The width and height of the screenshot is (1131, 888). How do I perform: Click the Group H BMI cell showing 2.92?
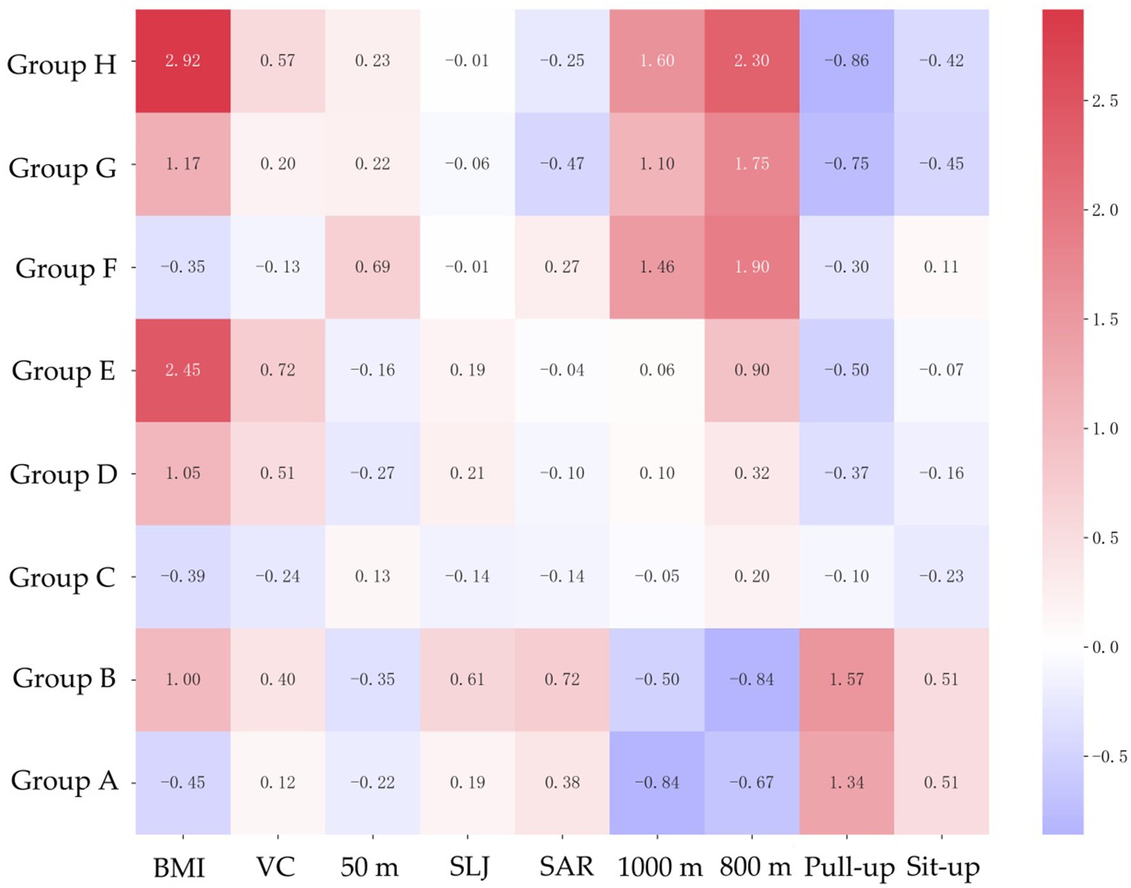click(183, 61)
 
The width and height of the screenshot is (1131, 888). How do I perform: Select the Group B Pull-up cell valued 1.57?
click(846, 679)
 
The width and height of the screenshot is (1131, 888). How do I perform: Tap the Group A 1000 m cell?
click(657, 783)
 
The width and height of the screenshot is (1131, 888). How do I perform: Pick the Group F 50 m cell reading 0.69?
click(372, 267)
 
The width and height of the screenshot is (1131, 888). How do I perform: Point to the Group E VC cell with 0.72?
click(278, 370)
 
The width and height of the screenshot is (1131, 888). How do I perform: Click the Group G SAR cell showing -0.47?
click(562, 164)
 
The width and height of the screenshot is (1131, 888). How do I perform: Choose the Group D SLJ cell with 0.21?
click(467, 473)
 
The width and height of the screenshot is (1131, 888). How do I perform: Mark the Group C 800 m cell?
click(752, 577)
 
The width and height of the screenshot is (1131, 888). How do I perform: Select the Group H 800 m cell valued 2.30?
click(752, 61)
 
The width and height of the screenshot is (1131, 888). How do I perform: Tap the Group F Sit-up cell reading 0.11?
click(941, 267)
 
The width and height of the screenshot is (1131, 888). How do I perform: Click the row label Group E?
click(63, 371)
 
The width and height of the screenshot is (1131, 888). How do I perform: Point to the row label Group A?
click(64, 781)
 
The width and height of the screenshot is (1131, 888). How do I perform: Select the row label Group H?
click(62, 64)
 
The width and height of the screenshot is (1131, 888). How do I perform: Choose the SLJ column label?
click(469, 867)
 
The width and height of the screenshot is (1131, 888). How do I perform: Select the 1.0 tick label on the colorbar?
click(1105, 429)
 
